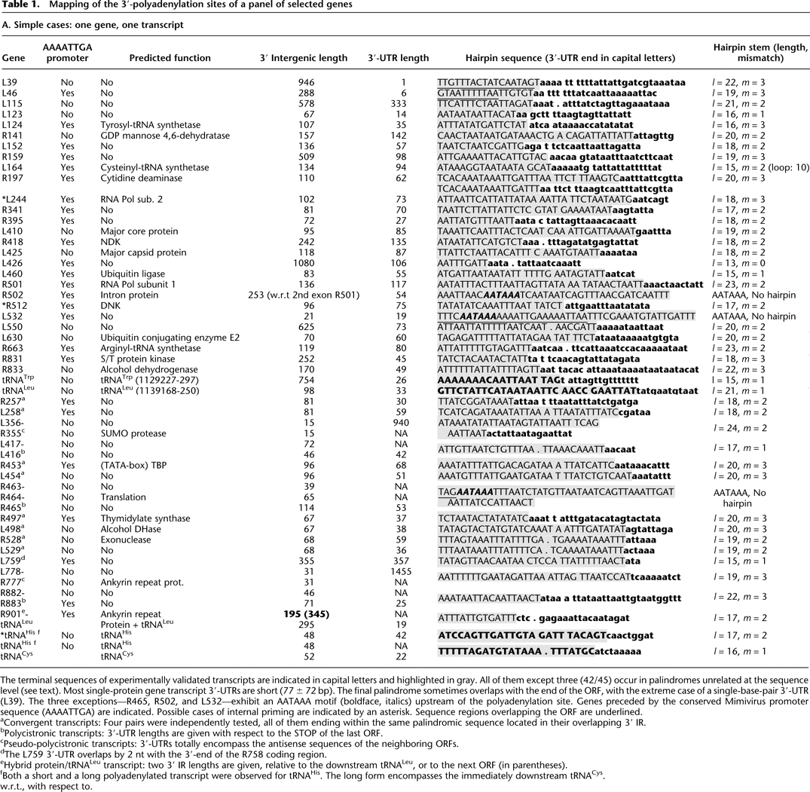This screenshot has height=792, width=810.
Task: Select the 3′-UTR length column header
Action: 398,58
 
